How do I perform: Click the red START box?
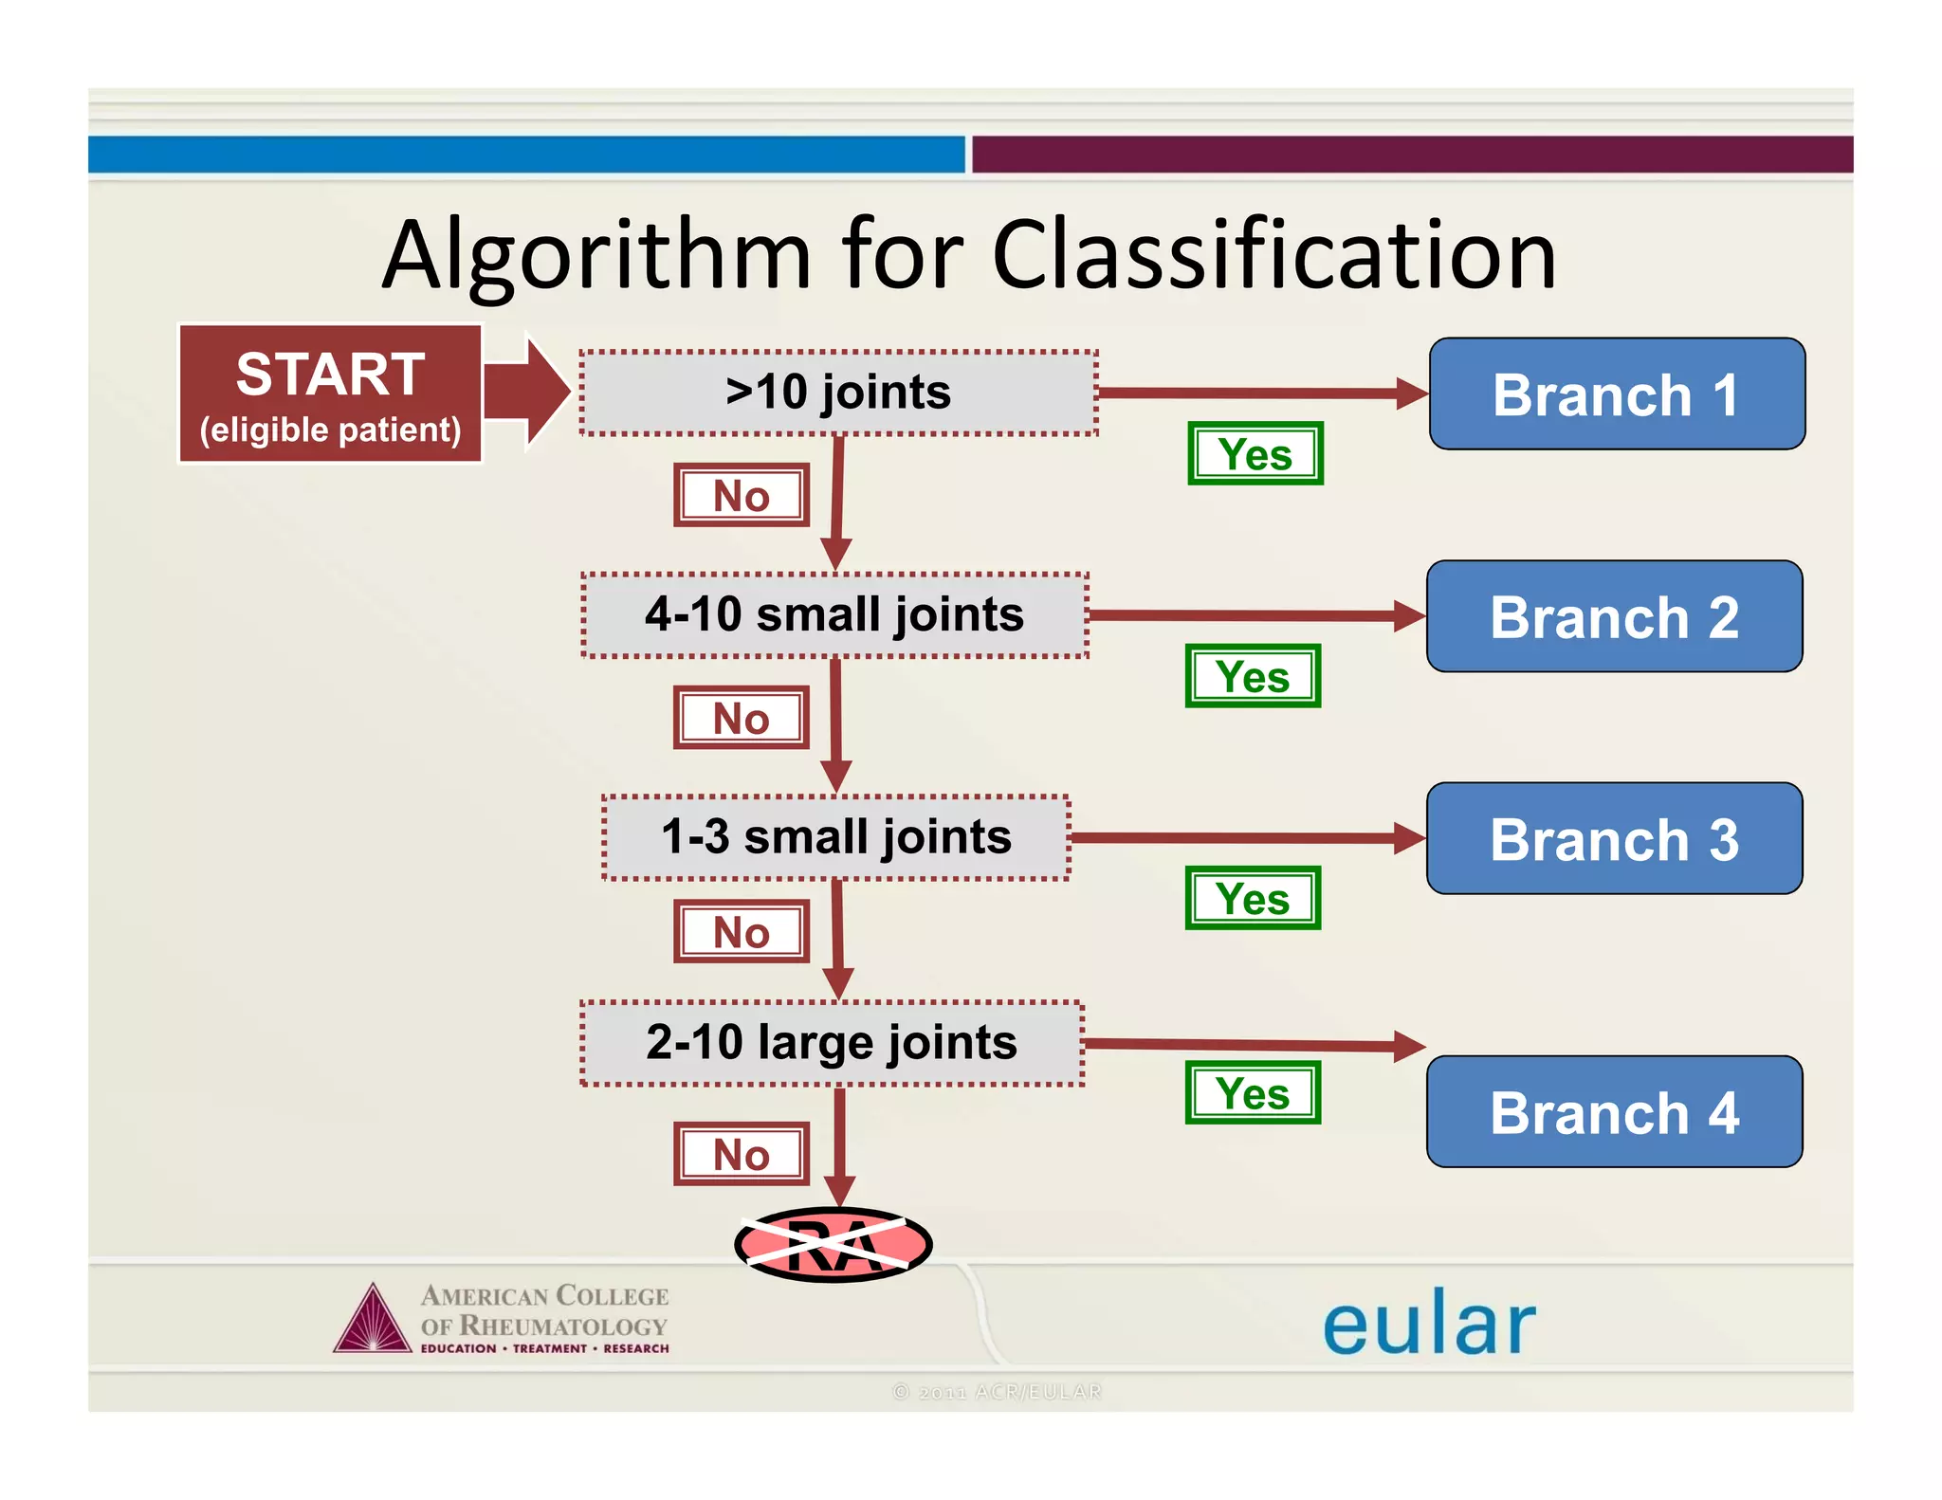pos(330,393)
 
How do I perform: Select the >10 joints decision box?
pos(838,393)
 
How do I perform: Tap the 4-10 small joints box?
pos(834,614)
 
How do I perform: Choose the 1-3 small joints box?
pos(836,837)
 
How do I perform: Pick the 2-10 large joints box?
pos(832,1043)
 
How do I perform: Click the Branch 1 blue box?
pos(1616,393)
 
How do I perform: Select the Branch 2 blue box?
pos(1614,616)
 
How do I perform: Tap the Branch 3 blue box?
pos(1614,838)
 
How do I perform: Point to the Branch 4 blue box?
pos(1614,1111)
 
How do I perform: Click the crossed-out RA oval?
pos(834,1245)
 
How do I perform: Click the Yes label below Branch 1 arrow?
pos(1255,454)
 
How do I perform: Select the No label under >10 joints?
pos(742,495)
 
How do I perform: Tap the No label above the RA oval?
pos(742,1154)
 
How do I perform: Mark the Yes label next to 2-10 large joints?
pos(1253,1093)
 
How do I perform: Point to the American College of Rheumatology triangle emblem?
pos(373,1320)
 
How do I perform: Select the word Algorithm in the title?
pos(597,256)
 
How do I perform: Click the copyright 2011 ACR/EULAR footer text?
pos(997,1391)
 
